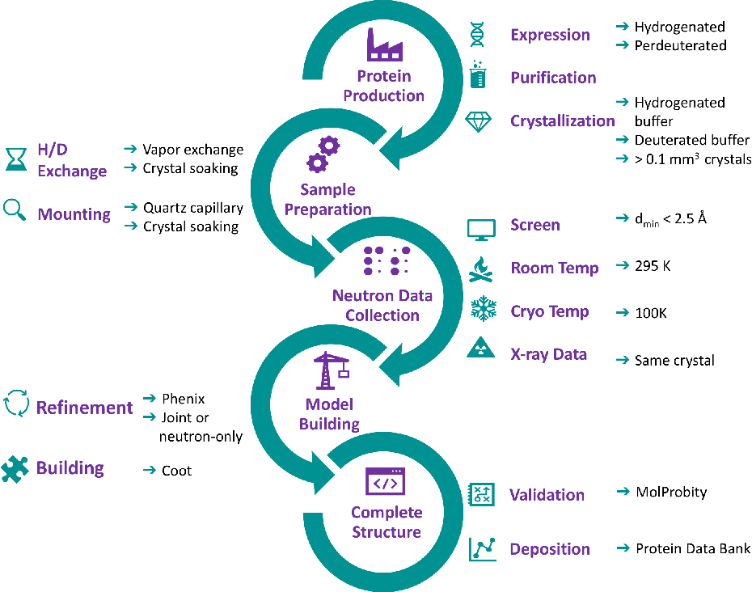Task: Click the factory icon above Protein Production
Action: point(385,44)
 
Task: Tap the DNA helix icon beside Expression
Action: point(477,35)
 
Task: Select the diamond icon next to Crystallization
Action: point(478,122)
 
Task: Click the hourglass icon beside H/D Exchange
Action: point(16,159)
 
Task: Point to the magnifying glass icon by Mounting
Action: point(14,210)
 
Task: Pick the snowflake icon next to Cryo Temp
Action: point(484,308)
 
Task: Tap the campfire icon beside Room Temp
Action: point(481,269)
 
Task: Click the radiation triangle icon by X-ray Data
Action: point(480,347)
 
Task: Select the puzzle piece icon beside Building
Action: point(15,469)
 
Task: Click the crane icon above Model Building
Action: point(332,370)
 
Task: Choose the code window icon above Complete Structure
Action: point(385,481)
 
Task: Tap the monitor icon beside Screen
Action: point(481,230)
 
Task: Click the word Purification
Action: point(553,78)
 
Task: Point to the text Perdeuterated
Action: point(681,45)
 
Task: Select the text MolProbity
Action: point(671,493)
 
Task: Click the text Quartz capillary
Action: point(193,208)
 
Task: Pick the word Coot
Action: point(176,471)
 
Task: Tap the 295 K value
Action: point(653,266)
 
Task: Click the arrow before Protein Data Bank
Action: point(623,548)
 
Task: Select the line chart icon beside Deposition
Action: point(483,549)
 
